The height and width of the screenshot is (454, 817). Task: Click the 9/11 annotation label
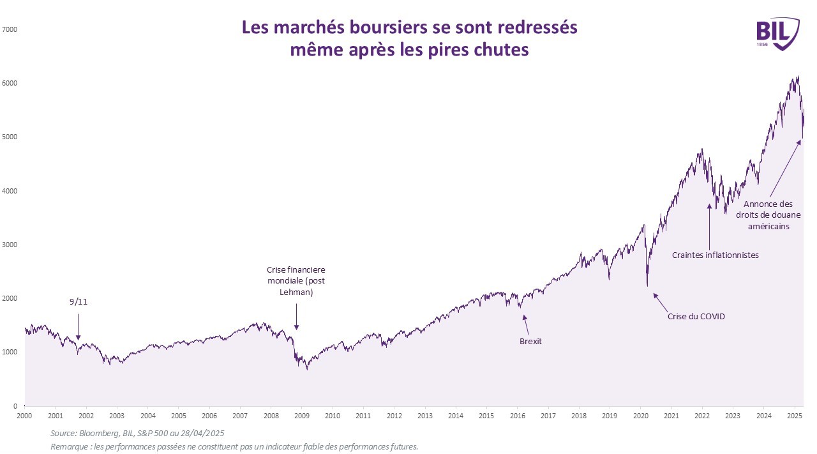point(79,302)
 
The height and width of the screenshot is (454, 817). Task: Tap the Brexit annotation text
point(530,341)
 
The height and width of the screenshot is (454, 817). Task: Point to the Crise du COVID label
point(696,316)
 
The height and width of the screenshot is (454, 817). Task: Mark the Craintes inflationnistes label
point(715,255)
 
